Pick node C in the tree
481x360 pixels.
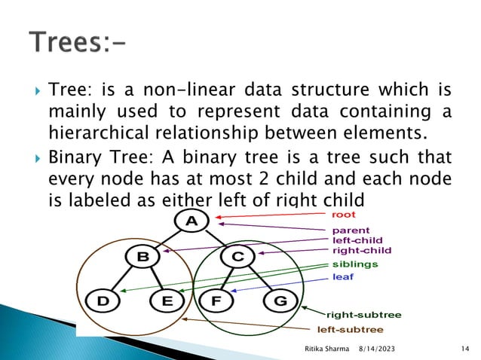(237, 258)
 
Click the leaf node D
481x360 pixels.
(102, 301)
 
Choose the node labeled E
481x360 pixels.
(166, 301)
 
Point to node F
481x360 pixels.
(216, 301)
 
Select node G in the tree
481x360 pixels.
(279, 301)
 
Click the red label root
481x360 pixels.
(344, 215)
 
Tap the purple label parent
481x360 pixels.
(351, 230)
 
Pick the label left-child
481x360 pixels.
(357, 240)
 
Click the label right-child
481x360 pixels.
(361, 250)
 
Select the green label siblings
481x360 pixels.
(355, 264)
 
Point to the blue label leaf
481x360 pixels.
(342, 276)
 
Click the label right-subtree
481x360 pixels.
(363, 314)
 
